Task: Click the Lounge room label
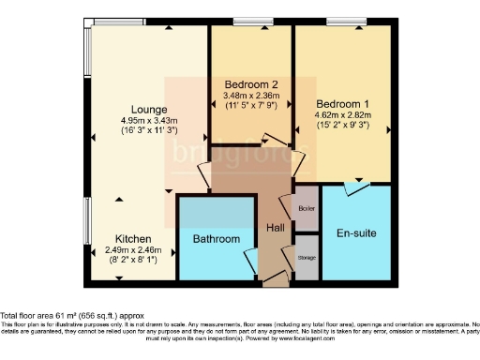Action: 149,108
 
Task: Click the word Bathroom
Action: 216,239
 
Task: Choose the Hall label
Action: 276,228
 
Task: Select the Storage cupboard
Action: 307,257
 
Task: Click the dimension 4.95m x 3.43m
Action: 149,120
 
